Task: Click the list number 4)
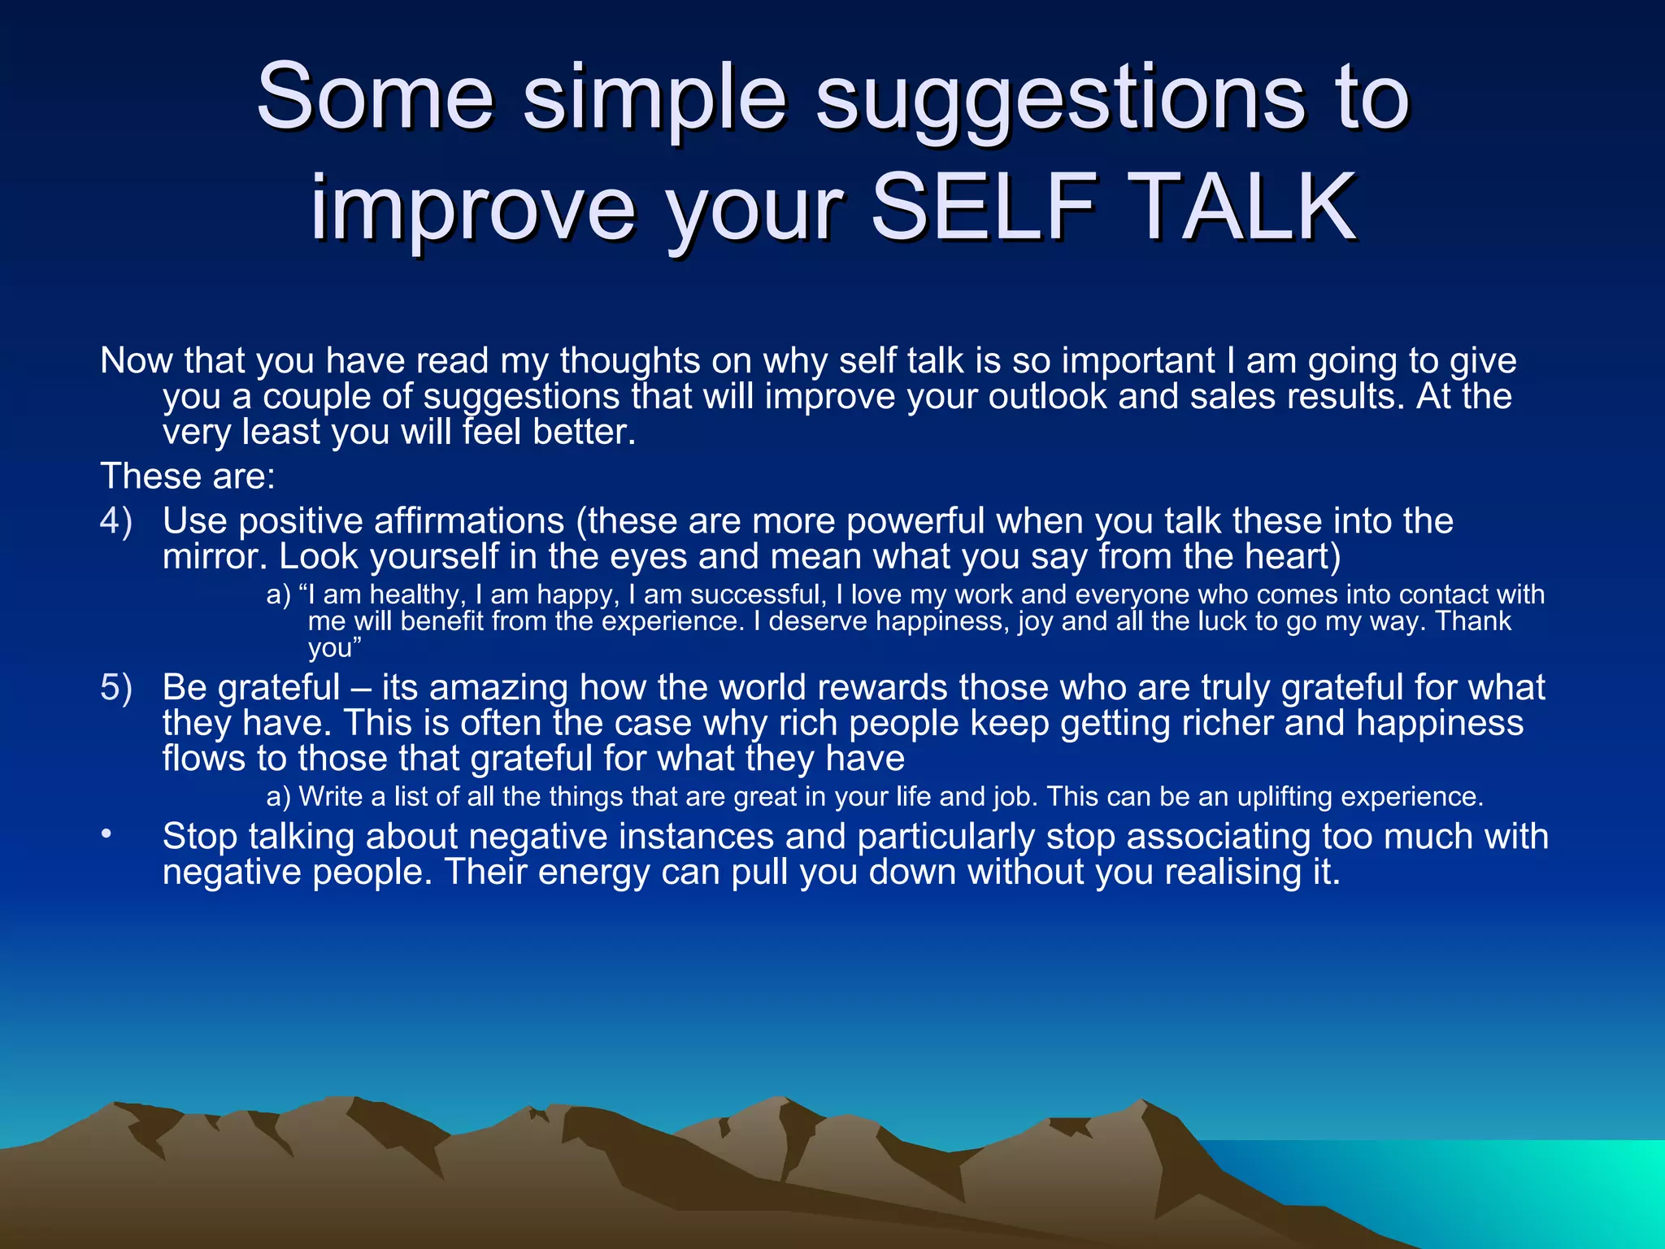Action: pyautogui.click(x=116, y=520)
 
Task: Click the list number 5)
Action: pyautogui.click(x=116, y=687)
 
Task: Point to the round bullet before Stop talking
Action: pyautogui.click(x=106, y=835)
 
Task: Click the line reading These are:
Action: pyautogui.click(x=188, y=477)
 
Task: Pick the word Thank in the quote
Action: pyautogui.click(x=1472, y=621)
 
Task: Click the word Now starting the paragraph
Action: pyautogui.click(x=136, y=361)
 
